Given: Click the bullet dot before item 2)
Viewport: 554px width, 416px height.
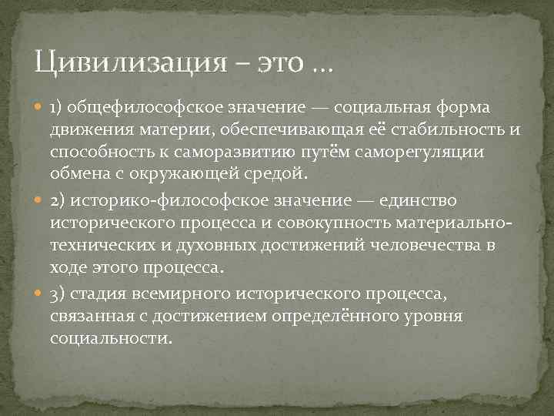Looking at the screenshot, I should coord(38,200).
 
